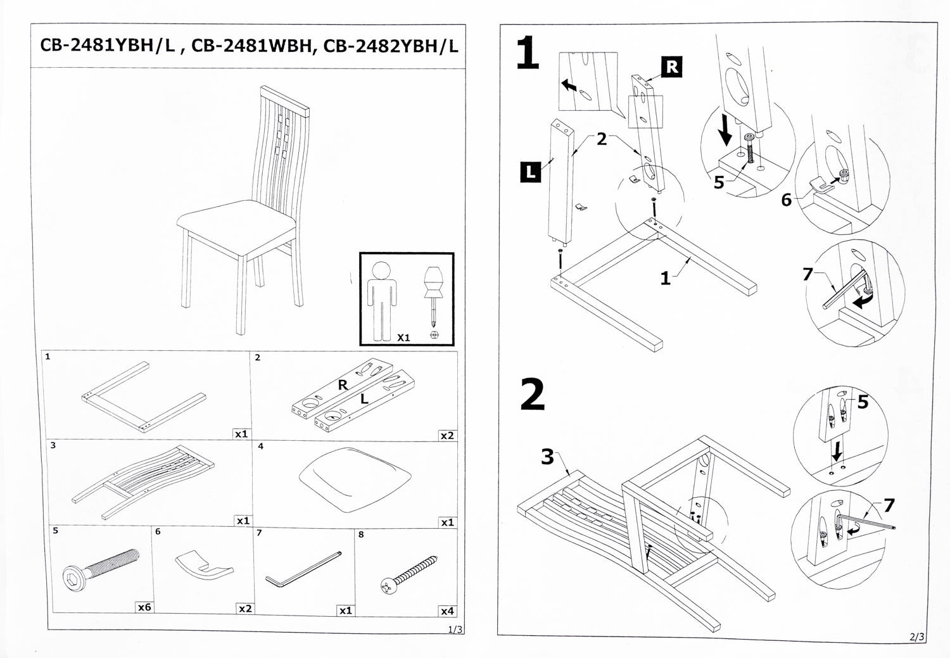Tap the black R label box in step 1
pos(671,67)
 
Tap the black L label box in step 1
pos(530,172)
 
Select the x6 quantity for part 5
pos(144,607)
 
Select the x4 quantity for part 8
pos(446,611)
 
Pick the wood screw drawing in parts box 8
pos(409,574)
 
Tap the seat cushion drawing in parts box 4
pos(355,478)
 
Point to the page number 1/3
pos(455,630)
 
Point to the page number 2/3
pos(916,636)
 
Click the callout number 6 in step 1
pos(786,200)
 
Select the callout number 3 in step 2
pos(547,456)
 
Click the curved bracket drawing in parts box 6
pos(204,564)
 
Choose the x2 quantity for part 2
pos(446,435)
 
